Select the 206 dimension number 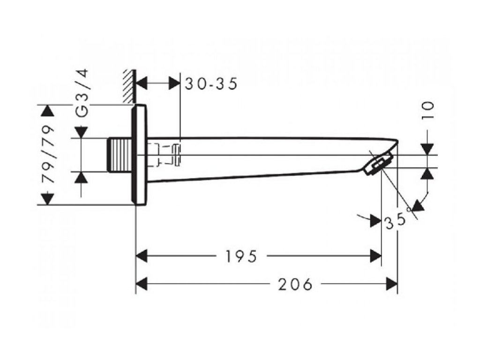(295, 284)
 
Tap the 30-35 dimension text (210, 84)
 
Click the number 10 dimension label (427, 112)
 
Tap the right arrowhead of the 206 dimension (391, 284)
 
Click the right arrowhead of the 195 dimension (375, 256)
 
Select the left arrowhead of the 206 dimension (142, 284)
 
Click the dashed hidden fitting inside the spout (168, 155)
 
